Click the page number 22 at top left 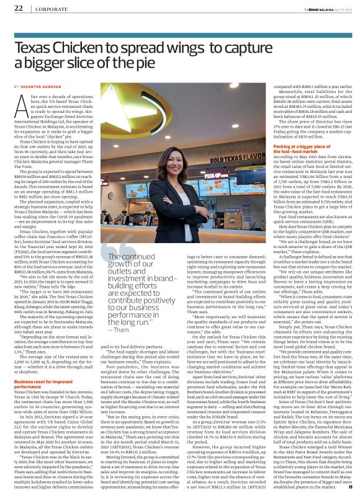18,8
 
